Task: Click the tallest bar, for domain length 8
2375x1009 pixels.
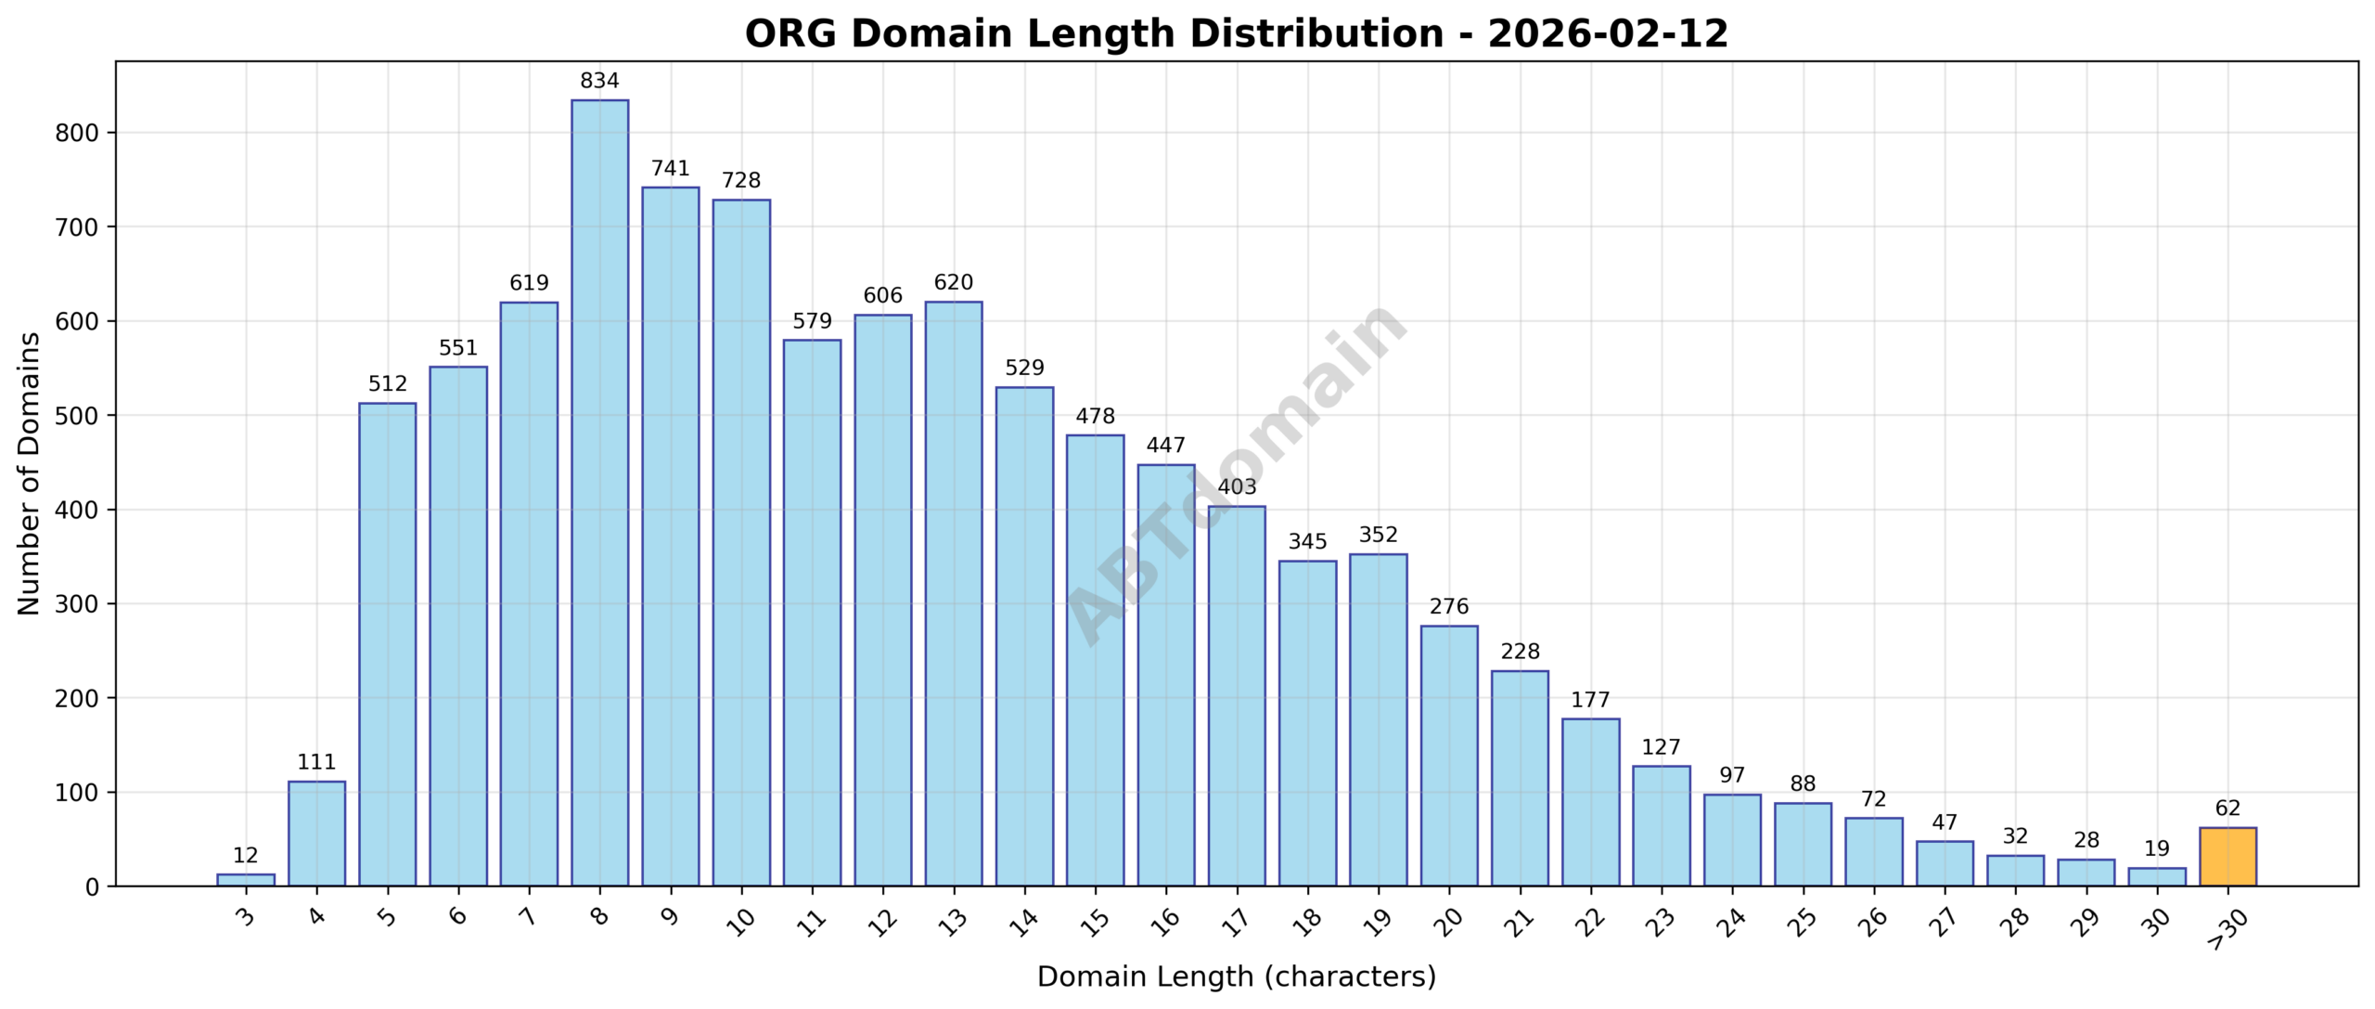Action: [x=599, y=492]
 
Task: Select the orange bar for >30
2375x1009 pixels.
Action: [x=2227, y=857]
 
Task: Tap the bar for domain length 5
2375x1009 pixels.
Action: [x=387, y=644]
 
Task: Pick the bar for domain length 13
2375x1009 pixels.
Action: [x=953, y=594]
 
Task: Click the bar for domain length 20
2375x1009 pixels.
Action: [x=1449, y=756]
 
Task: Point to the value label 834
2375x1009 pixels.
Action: [x=599, y=82]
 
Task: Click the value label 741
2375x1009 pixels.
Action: [x=670, y=169]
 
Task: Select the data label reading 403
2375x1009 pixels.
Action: [x=1237, y=487]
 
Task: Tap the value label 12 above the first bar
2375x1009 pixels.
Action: [x=245, y=856]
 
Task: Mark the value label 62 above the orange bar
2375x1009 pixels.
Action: [x=2227, y=808]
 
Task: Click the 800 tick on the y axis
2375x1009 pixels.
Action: [x=77, y=133]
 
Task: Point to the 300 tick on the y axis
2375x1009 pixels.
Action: [x=77, y=604]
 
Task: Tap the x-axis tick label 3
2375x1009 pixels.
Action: [x=245, y=918]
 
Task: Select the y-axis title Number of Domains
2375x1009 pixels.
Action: [x=30, y=473]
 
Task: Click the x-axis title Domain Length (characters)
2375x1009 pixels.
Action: [x=1237, y=977]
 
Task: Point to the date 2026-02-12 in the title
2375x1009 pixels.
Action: [x=1608, y=34]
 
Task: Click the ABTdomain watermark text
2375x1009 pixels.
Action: [x=1237, y=473]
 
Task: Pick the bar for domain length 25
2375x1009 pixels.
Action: [x=1803, y=845]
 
